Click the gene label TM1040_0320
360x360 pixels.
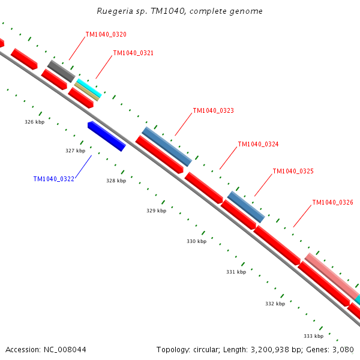[106, 34]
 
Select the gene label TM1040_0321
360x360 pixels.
[133, 53]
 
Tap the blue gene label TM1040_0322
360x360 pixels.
[54, 179]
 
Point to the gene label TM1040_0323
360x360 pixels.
[213, 110]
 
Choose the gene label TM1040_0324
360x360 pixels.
[258, 144]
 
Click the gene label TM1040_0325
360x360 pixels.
[293, 171]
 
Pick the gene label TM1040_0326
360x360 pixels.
[332, 202]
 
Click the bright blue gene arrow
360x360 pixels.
[106, 136]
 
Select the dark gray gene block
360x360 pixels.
[61, 71]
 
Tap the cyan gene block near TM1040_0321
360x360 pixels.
[89, 88]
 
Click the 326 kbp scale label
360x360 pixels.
[34, 122]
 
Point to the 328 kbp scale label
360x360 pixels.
[116, 181]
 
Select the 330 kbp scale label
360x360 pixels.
[196, 241]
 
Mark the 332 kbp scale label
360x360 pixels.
[275, 304]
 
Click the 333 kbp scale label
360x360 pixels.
[313, 336]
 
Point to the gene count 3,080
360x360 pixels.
[343, 349]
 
